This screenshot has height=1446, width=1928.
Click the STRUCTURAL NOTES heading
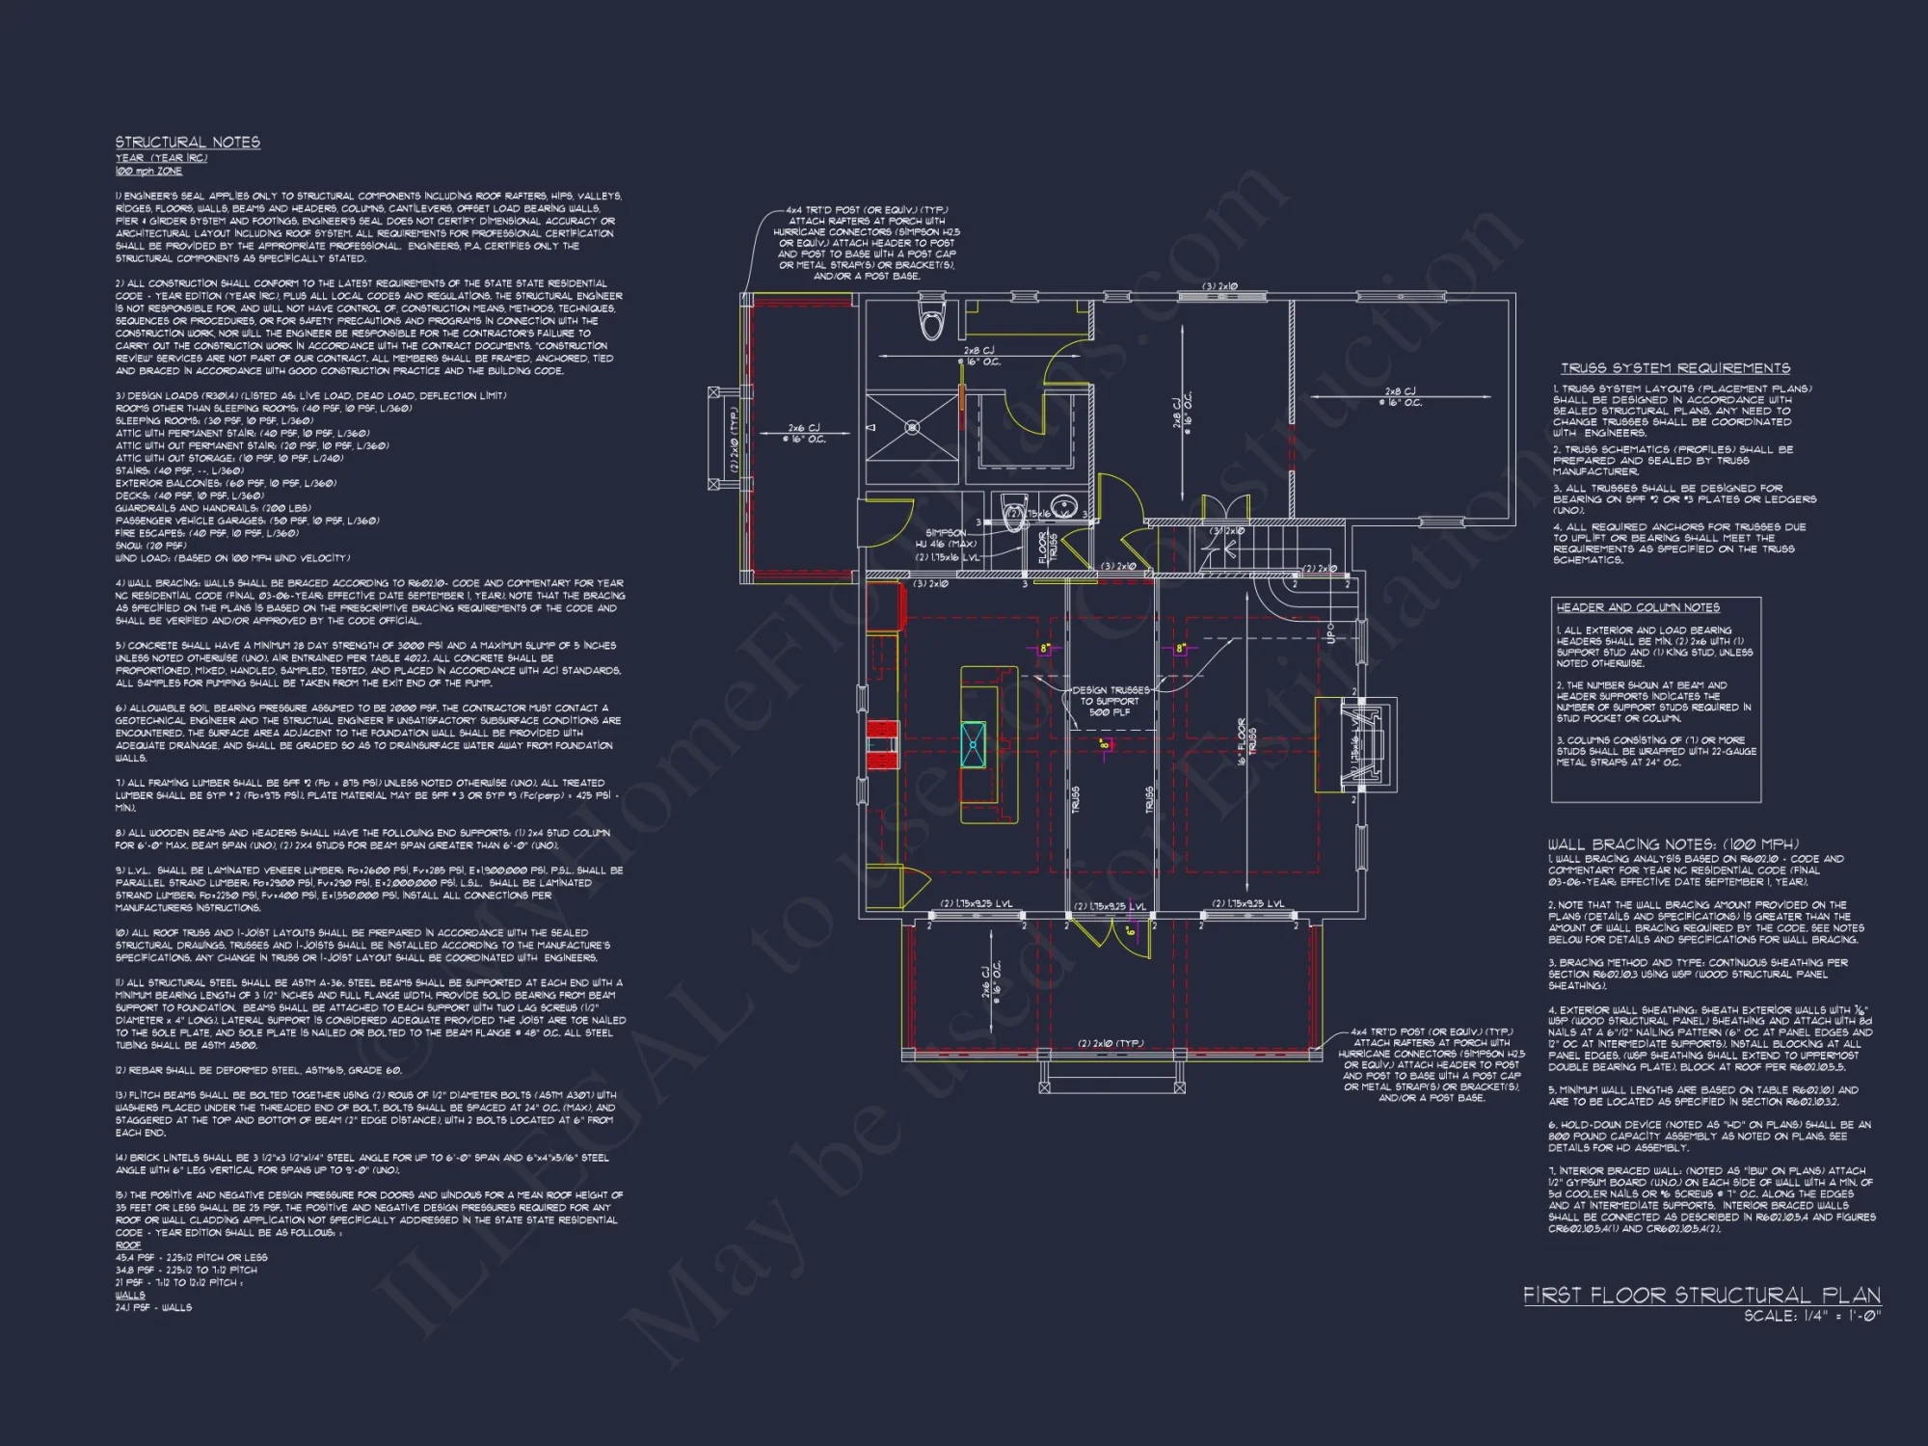pyautogui.click(x=188, y=143)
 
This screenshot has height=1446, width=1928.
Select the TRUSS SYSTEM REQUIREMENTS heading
pyautogui.click(x=1675, y=368)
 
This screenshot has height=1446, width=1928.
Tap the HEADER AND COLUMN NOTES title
pyautogui.click(x=1638, y=607)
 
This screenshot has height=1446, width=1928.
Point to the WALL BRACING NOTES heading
pyautogui.click(x=1673, y=843)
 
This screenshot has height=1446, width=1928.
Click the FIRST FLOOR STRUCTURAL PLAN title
pyautogui.click(x=1701, y=1295)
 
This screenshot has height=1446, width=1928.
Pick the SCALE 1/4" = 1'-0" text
pyautogui.click(x=1811, y=1316)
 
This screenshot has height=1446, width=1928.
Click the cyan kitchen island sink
pyautogui.click(x=974, y=745)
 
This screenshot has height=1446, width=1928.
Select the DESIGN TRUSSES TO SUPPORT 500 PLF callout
pyautogui.click(x=1111, y=701)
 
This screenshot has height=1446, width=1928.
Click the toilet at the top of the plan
pyautogui.click(x=931, y=319)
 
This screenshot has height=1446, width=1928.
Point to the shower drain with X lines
pyautogui.click(x=912, y=427)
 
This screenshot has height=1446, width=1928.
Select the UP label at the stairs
pyautogui.click(x=1331, y=633)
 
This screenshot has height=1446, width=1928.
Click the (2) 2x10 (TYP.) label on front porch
pyautogui.click(x=1111, y=1043)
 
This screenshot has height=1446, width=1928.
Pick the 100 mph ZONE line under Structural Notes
pyautogui.click(x=148, y=171)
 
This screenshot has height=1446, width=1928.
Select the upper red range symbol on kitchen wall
pyautogui.click(x=881, y=729)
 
